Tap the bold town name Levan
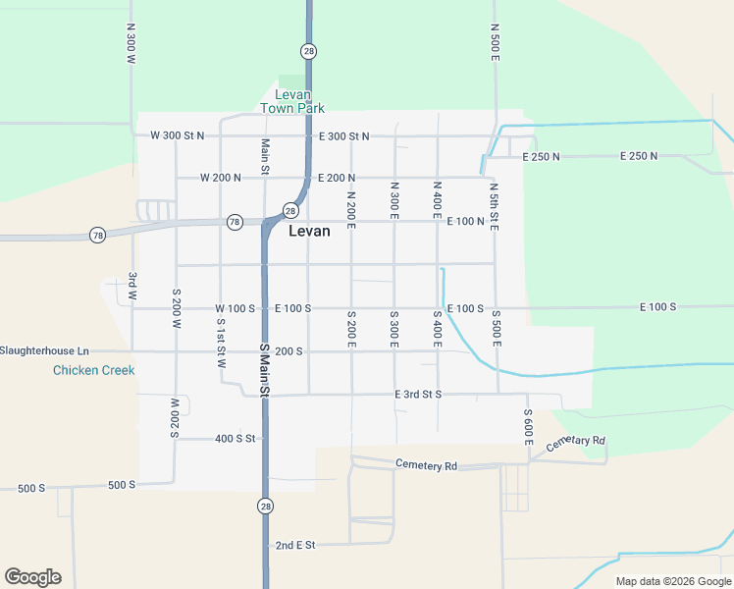click(309, 232)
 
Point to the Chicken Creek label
click(94, 370)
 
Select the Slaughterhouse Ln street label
click(44, 350)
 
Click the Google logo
click(32, 577)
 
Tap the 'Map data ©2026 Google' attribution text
click(672, 581)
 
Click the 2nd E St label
click(294, 545)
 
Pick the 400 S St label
click(235, 438)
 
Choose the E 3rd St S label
click(418, 394)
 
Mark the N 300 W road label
click(131, 45)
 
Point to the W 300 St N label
click(177, 135)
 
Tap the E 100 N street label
click(466, 221)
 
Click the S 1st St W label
click(222, 344)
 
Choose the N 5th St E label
click(495, 206)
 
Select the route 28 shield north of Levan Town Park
click(308, 51)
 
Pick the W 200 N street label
click(220, 178)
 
